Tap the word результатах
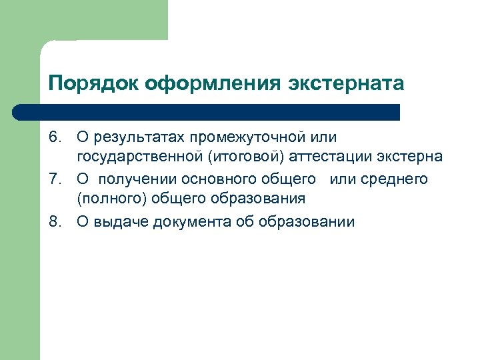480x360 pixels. pyautogui.click(x=139, y=137)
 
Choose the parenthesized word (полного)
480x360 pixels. pyautogui.click(x=112, y=199)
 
